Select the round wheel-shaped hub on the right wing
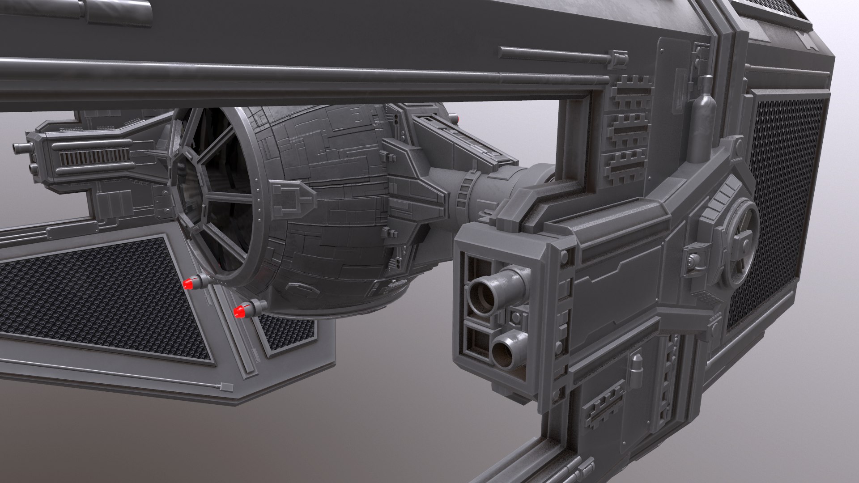pyautogui.click(x=740, y=244)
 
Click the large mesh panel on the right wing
pyautogui.click(x=783, y=201)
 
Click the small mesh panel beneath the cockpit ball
pyautogui.click(x=286, y=331)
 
